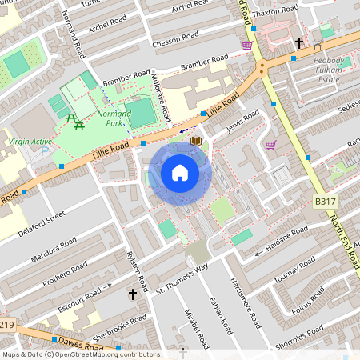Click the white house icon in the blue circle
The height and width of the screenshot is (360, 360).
point(180,173)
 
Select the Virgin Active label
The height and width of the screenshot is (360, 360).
point(30,142)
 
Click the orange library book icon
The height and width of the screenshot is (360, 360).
point(196,142)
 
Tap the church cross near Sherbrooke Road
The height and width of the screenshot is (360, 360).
point(133,295)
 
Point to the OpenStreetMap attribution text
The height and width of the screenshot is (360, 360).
point(80,354)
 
